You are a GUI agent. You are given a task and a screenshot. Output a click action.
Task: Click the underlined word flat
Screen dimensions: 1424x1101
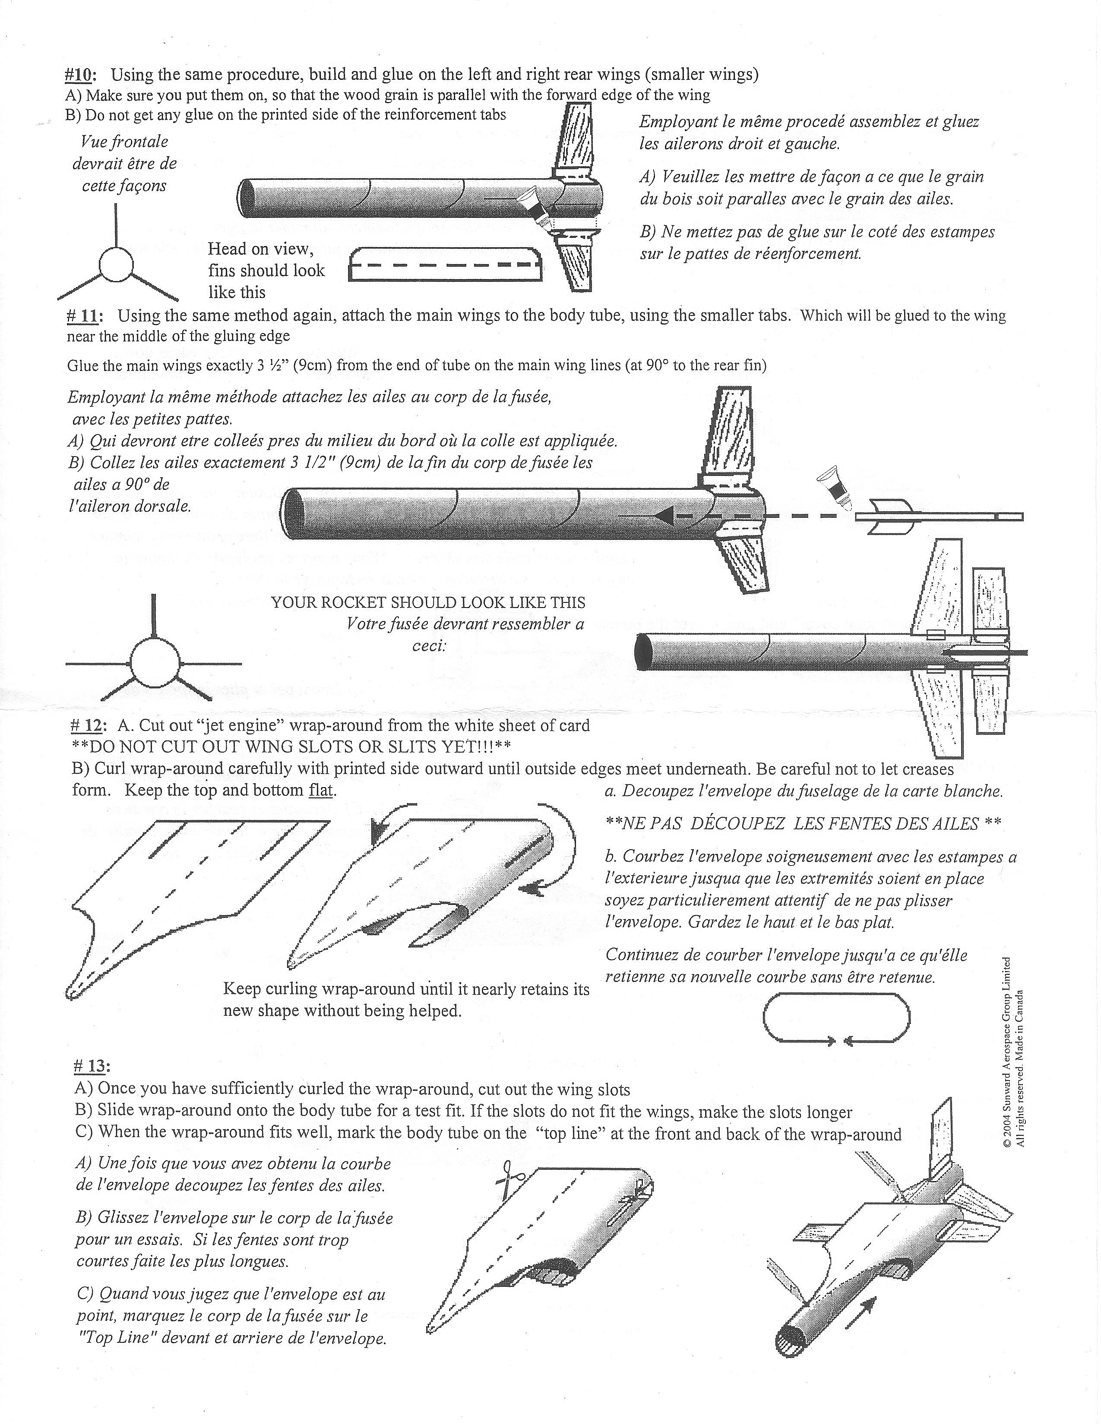click(x=321, y=790)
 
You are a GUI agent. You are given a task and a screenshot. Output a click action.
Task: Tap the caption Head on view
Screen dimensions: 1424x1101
click(x=260, y=249)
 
